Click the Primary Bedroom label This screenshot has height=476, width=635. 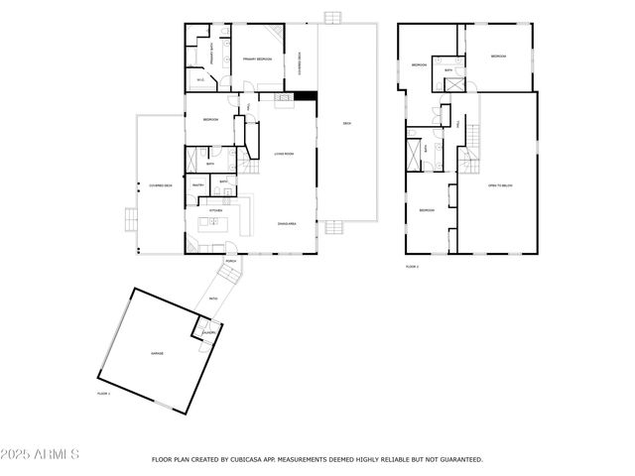pyautogui.click(x=257, y=59)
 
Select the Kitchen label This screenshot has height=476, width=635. pyautogui.click(x=215, y=210)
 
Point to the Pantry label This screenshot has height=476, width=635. pyautogui.click(x=197, y=184)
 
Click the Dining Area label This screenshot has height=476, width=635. pyautogui.click(x=289, y=224)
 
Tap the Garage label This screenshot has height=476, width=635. pyautogui.click(x=157, y=353)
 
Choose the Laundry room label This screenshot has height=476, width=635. pyautogui.click(x=208, y=332)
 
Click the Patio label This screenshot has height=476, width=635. pyautogui.click(x=213, y=298)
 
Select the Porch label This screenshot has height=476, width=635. pyautogui.click(x=230, y=262)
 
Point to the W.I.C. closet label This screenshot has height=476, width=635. pyautogui.click(x=200, y=80)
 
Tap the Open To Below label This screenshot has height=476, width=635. pyautogui.click(x=499, y=185)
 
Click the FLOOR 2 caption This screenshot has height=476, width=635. pyautogui.click(x=412, y=266)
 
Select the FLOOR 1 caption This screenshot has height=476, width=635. pyautogui.click(x=102, y=394)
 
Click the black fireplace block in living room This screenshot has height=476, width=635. pyautogui.click(x=309, y=96)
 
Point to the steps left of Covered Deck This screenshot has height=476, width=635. pyautogui.click(x=128, y=218)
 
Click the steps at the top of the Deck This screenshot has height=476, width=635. pyautogui.click(x=331, y=17)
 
